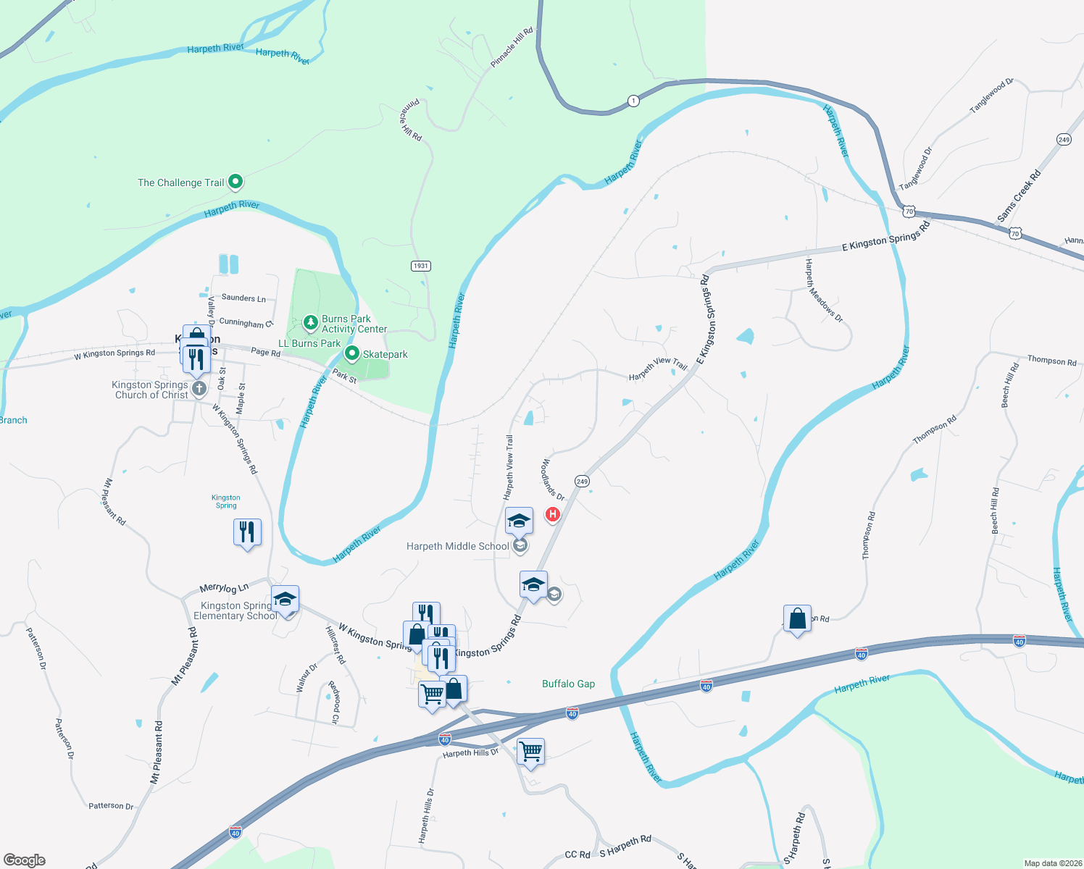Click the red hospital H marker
(x=553, y=515)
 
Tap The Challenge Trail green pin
(x=235, y=181)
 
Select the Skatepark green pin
(x=352, y=353)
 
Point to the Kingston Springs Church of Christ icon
(x=199, y=389)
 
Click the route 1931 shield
(x=421, y=266)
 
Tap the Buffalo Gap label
(x=568, y=684)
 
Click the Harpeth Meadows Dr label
(x=824, y=290)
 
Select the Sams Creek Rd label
(x=1019, y=196)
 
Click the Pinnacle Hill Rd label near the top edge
(x=512, y=47)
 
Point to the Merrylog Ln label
(x=224, y=588)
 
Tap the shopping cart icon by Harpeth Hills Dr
(x=530, y=751)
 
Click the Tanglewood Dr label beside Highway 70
(x=916, y=169)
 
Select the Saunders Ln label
(x=243, y=298)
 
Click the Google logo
(x=25, y=860)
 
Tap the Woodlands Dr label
(x=553, y=479)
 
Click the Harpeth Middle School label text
(x=457, y=546)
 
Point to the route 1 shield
(x=633, y=101)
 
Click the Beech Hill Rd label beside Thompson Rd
(x=1010, y=385)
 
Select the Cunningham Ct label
(x=246, y=323)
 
